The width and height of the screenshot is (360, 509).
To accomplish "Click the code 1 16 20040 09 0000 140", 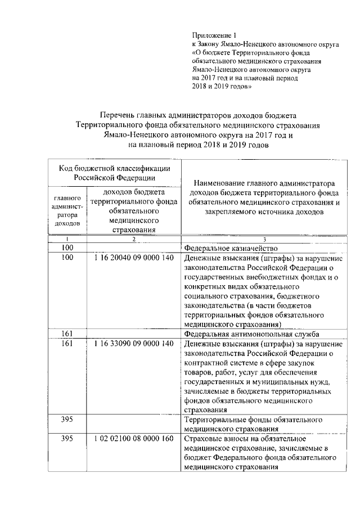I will click(x=130, y=258).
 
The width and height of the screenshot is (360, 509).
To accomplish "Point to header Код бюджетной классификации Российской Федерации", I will click(x=114, y=172).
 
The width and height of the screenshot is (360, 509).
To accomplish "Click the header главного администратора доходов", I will click(x=68, y=211).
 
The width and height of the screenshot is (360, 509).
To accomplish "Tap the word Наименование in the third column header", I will click(x=222, y=184).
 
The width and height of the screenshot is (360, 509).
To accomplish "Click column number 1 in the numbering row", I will click(x=68, y=240).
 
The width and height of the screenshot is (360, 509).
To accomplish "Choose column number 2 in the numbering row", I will click(x=133, y=240).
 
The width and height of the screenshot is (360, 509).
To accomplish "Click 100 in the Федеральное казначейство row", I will click(x=68, y=248).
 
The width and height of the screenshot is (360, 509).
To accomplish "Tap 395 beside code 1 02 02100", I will click(x=68, y=439).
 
